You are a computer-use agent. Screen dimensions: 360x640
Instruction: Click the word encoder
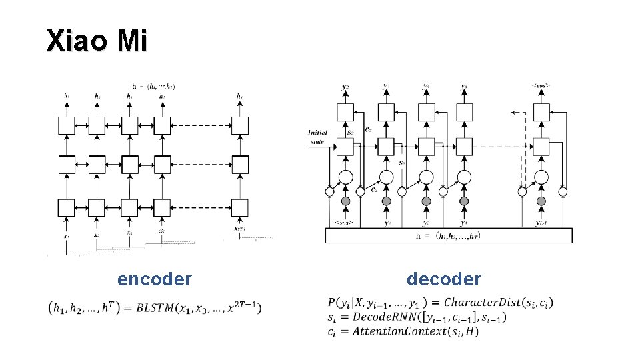(155, 279)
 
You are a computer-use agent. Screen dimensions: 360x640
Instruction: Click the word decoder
(443, 279)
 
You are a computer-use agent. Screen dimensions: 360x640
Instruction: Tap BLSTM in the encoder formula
(158, 307)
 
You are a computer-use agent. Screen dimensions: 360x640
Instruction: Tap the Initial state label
(318, 137)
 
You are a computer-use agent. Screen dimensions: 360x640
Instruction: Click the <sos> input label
(345, 222)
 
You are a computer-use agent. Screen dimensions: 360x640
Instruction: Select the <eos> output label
(541, 86)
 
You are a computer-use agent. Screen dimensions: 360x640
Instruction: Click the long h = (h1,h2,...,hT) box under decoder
(448, 236)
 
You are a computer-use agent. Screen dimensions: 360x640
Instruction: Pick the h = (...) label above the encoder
(153, 86)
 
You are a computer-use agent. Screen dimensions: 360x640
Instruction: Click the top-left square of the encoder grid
(65, 125)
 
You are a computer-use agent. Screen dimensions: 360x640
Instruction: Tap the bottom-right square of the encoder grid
(240, 207)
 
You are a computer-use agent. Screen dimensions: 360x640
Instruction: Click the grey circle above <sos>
(346, 201)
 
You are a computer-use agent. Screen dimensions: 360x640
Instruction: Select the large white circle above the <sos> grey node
(345, 177)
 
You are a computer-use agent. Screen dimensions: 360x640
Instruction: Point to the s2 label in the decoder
(349, 133)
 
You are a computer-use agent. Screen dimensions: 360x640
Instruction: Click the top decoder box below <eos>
(541, 112)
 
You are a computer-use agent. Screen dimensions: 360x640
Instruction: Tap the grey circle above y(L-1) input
(541, 201)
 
